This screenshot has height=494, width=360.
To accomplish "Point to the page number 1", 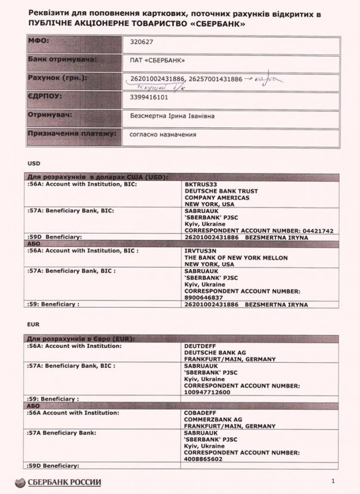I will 331,481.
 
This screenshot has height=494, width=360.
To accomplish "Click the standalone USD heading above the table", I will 33,163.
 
